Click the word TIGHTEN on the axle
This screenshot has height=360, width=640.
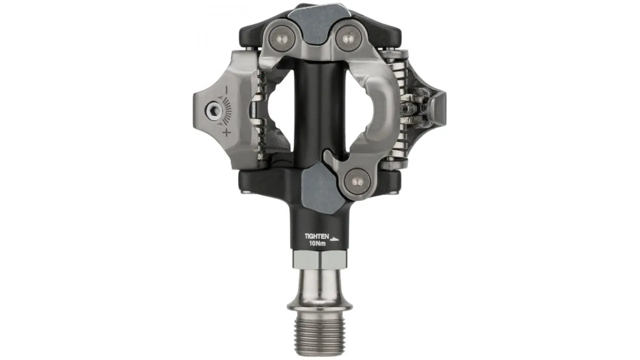[317, 236]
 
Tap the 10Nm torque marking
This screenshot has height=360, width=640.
[317, 243]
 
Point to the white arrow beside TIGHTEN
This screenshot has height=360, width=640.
[334, 239]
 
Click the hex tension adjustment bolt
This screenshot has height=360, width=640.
[213, 110]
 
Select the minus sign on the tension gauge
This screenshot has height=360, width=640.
[226, 90]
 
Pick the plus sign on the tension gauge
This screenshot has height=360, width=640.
[226, 132]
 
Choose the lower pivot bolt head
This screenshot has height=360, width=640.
[357, 181]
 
